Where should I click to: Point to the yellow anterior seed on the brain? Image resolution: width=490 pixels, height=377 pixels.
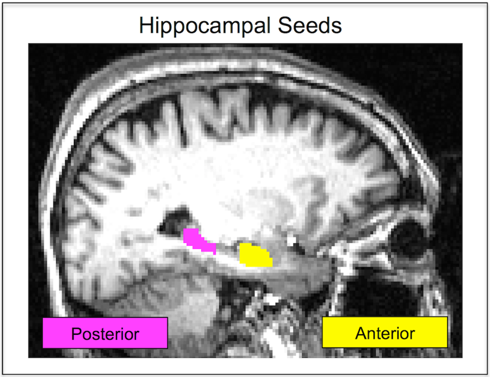255,256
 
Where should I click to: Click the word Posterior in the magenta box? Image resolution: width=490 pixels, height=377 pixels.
105,334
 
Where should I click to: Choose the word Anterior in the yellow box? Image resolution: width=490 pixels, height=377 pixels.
385,333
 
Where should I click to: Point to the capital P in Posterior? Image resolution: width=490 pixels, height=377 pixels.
76,334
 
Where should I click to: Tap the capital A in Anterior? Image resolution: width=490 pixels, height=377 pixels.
361,333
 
